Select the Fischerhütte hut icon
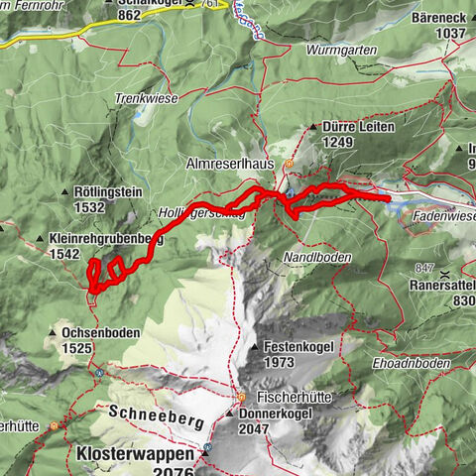tap(240, 397)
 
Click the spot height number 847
tap(426, 269)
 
